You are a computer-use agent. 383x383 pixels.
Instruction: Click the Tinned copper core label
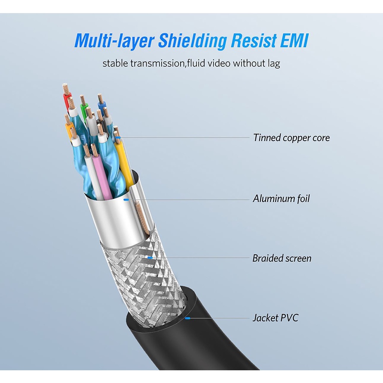click(x=291, y=138)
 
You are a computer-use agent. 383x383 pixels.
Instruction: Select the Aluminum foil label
click(x=281, y=198)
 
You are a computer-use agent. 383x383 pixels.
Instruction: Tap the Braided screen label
click(x=282, y=258)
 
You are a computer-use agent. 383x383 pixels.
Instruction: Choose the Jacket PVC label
click(x=275, y=318)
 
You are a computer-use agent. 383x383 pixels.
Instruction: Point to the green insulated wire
click(x=85, y=112)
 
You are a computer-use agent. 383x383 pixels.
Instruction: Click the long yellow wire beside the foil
click(x=124, y=165)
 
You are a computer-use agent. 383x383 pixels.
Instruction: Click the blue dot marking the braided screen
click(x=150, y=257)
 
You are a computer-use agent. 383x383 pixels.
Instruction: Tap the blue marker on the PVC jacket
click(x=187, y=318)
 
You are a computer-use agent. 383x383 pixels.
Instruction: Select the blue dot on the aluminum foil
click(x=126, y=199)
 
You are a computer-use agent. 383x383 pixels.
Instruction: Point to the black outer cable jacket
click(x=209, y=337)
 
